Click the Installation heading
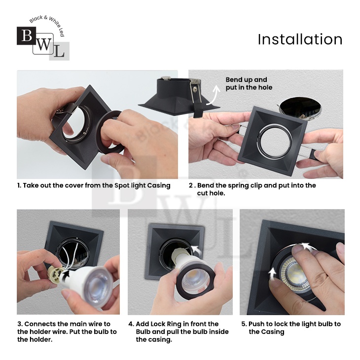pyautogui.click(x=300, y=39)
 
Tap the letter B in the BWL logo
pyautogui.click(x=27, y=36)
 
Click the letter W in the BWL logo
pyautogui.click(x=43, y=44)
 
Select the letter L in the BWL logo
pyautogui.click(x=59, y=51)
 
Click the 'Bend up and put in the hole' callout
pyautogui.click(x=249, y=83)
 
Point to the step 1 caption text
pyautogui.click(x=94, y=185)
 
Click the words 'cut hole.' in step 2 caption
pyautogui.click(x=211, y=193)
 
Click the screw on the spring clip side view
pyautogui.click(x=195, y=89)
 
